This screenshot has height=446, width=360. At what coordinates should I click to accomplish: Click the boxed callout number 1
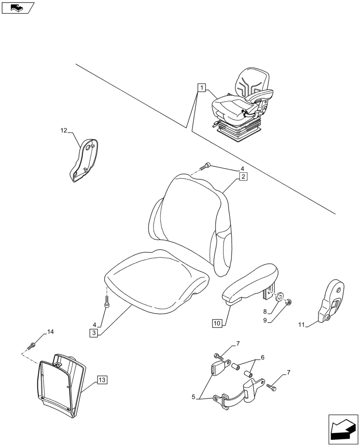coord(202,87)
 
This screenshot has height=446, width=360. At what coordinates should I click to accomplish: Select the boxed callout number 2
coord(243,177)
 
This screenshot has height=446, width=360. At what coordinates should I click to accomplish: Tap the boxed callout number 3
coord(94,333)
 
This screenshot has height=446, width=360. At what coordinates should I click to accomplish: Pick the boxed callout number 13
coord(102,380)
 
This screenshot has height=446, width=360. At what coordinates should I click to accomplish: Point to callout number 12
coord(64,130)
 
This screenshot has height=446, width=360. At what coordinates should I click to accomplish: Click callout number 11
coord(301,325)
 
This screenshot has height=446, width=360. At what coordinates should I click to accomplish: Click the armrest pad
coord(249,283)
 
